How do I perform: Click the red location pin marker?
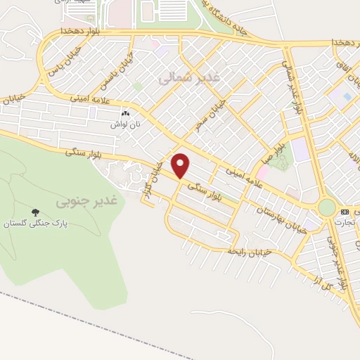coord(181,166)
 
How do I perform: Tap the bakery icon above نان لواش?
coord(126,113)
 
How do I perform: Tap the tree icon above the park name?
coord(35,212)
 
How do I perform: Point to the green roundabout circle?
coord(327,207)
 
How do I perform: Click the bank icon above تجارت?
coord(345,212)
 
